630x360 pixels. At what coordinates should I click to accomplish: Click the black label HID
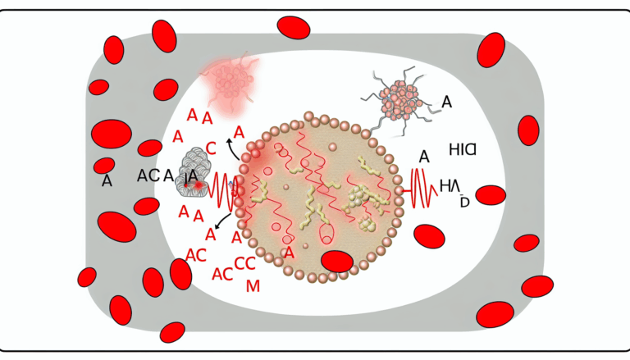pos(464,149)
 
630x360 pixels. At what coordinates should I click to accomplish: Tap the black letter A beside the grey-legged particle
pos(447,102)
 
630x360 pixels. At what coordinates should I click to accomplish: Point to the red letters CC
pos(245,264)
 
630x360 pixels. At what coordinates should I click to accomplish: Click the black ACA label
pos(155,175)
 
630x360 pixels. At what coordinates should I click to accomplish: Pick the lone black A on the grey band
pos(107,181)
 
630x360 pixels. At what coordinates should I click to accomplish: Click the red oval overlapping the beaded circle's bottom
pos(336,262)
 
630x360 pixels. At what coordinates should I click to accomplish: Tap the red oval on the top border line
pos(294,26)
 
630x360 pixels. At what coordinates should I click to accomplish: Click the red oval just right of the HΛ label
pos(491,195)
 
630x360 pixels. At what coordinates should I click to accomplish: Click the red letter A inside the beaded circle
pos(288,252)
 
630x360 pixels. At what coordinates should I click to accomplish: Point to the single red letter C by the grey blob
pos(211,148)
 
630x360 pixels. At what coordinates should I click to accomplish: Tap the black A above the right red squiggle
pos(424,156)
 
